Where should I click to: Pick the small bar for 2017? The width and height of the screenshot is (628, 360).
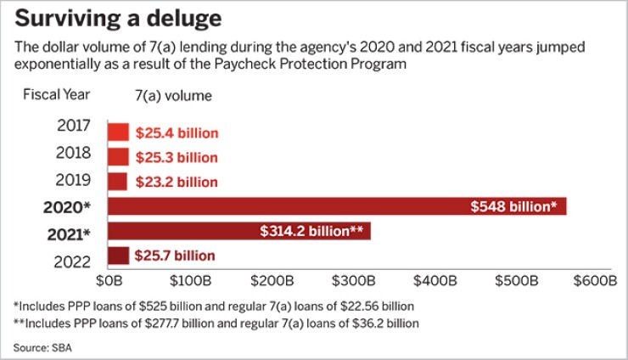click(118, 132)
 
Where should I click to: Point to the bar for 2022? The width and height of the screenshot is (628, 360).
click(118, 255)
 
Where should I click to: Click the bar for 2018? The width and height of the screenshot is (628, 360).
click(118, 157)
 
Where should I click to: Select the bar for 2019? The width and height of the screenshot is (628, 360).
click(117, 182)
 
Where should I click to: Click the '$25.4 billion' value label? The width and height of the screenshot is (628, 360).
click(177, 133)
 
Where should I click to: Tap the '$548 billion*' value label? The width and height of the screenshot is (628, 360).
click(513, 206)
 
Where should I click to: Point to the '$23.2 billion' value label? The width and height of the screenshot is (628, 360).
click(176, 182)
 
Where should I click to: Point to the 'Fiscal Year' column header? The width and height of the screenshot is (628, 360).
click(57, 94)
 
